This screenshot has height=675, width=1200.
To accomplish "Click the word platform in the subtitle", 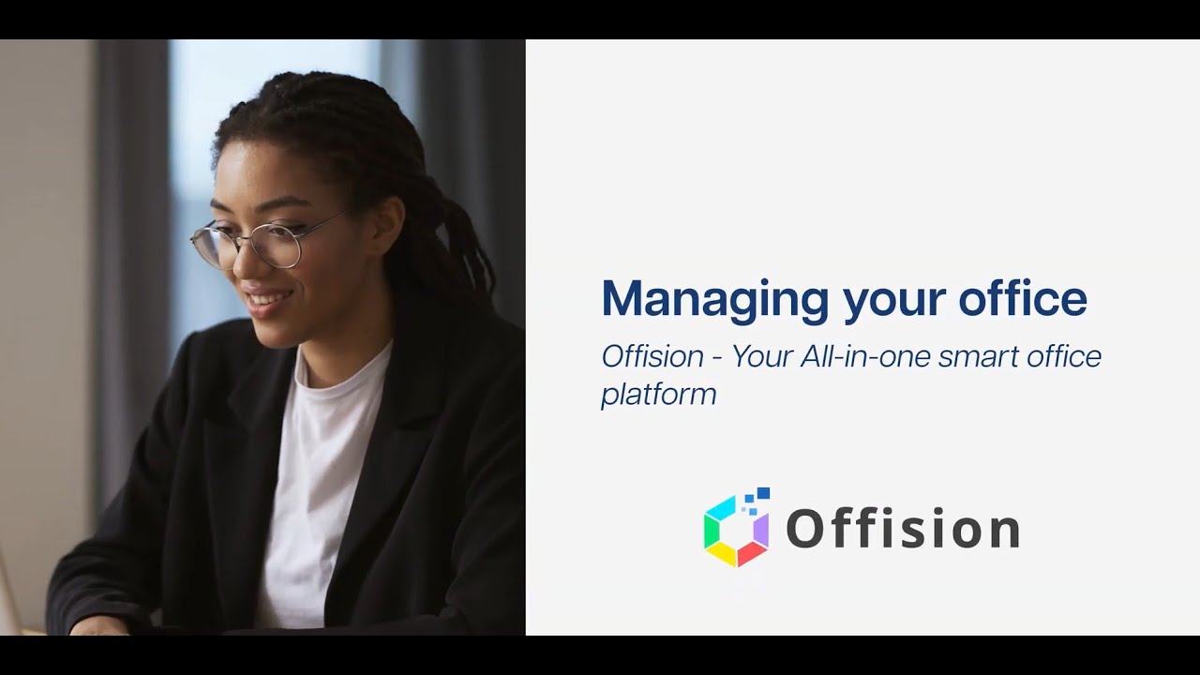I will [x=658, y=395].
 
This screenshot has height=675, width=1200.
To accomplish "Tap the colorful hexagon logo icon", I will [x=737, y=531].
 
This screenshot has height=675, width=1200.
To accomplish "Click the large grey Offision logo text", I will [x=902, y=529].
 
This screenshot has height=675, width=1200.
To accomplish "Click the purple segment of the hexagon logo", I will [x=761, y=531].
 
